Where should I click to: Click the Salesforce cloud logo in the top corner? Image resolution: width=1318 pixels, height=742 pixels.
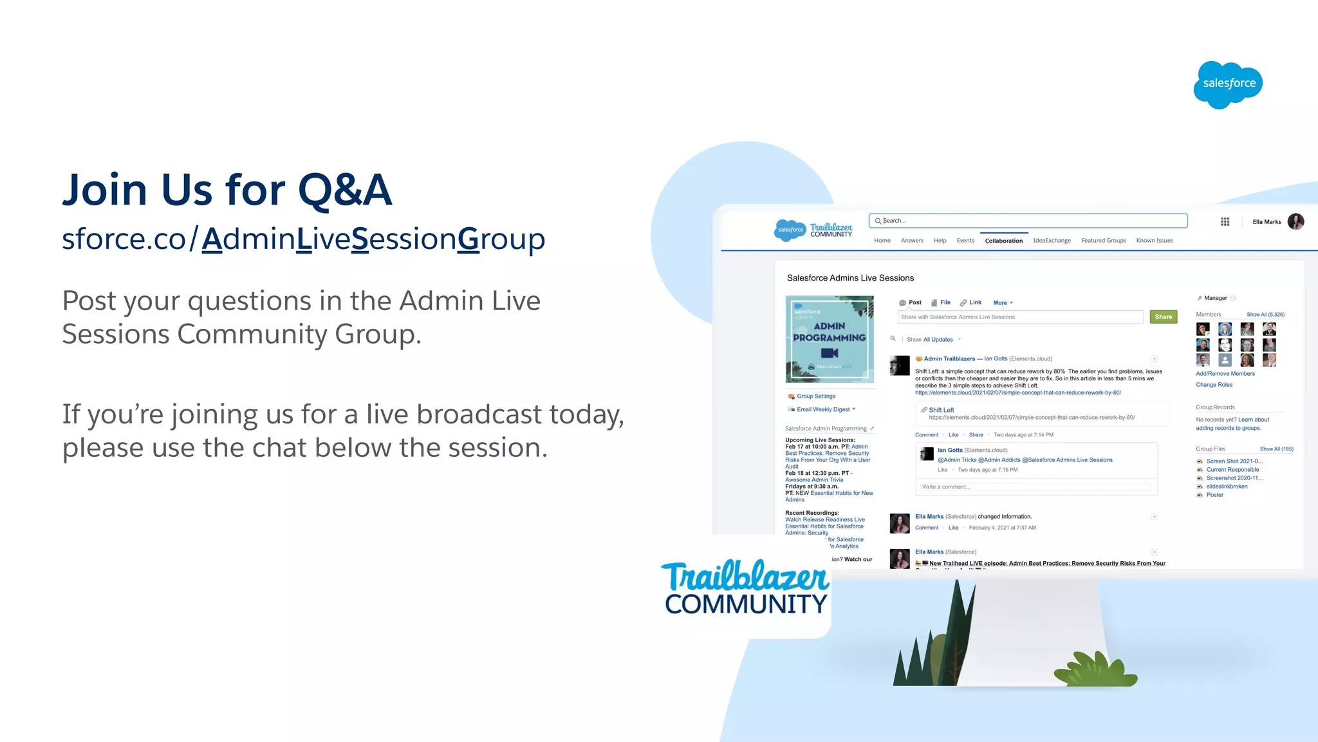pyautogui.click(x=1228, y=84)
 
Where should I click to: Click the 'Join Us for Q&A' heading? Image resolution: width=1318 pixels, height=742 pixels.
pyautogui.click(x=227, y=190)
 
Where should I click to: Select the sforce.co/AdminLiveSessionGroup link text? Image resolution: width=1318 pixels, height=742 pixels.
pyautogui.click(x=303, y=239)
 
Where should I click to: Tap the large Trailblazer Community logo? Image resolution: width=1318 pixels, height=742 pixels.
pyautogui.click(x=745, y=587)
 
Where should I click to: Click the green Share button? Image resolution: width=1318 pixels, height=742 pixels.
pyautogui.click(x=1163, y=317)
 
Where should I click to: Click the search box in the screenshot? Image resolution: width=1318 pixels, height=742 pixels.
pyautogui.click(x=1028, y=221)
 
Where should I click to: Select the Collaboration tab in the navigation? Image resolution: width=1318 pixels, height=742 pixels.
pyautogui.click(x=1003, y=241)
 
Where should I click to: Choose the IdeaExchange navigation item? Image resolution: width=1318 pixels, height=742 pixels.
pyautogui.click(x=1052, y=241)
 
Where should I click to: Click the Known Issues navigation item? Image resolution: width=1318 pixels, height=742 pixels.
pyautogui.click(x=1154, y=241)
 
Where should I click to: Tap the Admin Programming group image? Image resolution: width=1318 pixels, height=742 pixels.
pyautogui.click(x=830, y=339)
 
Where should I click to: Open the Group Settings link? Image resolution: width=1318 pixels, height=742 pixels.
pyautogui.click(x=815, y=396)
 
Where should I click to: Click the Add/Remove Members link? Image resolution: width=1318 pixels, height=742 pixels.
pyautogui.click(x=1225, y=374)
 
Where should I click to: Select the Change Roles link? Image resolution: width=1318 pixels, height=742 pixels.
pyautogui.click(x=1214, y=385)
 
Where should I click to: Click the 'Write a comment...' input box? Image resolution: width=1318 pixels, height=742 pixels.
pyautogui.click(x=1035, y=487)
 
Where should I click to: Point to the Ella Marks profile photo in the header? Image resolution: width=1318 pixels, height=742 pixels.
pyautogui.click(x=1295, y=221)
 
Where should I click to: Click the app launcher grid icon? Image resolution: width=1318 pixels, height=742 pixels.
pyautogui.click(x=1225, y=221)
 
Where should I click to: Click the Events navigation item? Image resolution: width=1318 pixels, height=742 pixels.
pyautogui.click(x=965, y=241)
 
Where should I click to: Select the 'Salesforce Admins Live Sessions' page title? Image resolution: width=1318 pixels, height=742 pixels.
pyautogui.click(x=850, y=278)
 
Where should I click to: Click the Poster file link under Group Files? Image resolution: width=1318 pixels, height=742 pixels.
pyautogui.click(x=1214, y=495)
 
